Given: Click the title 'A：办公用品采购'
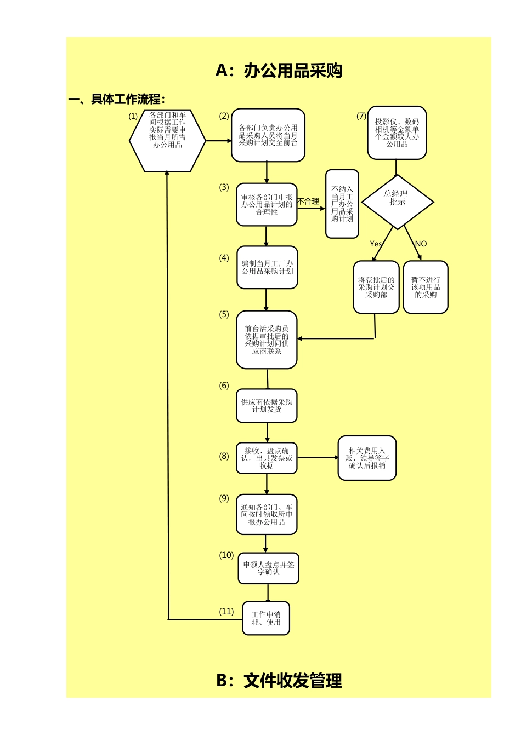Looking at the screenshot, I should pos(279,71).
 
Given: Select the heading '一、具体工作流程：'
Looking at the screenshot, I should pos(117,99).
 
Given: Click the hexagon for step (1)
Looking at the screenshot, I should pos(167,140).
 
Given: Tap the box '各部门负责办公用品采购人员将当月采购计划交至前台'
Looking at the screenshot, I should pos(268,135).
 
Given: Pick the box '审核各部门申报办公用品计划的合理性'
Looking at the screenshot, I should pos(267,204).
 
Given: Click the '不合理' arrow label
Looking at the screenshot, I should pos(308,202).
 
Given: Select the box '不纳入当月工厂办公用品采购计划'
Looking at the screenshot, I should pos(342,204).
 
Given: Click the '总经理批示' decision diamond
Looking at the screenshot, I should pos(398,201).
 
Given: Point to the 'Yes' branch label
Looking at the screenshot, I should pos(376,244).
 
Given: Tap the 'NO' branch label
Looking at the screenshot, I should pos(421,244).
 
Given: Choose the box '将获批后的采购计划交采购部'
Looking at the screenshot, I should pos(376,287).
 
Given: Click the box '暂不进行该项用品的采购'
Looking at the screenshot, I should pos(426,287).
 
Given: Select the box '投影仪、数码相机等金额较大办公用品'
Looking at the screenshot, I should pos(397,133).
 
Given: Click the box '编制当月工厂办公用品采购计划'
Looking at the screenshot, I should pos(267,267).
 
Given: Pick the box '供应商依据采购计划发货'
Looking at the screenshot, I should pos(267,406).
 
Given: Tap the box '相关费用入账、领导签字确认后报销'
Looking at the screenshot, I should pos(367,458).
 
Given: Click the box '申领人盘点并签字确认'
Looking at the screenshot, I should pos(268,568).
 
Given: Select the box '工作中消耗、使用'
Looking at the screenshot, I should pos(266,618).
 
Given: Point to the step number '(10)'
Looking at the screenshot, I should pos(226,555).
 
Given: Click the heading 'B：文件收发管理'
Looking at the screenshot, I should pos(279,681).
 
